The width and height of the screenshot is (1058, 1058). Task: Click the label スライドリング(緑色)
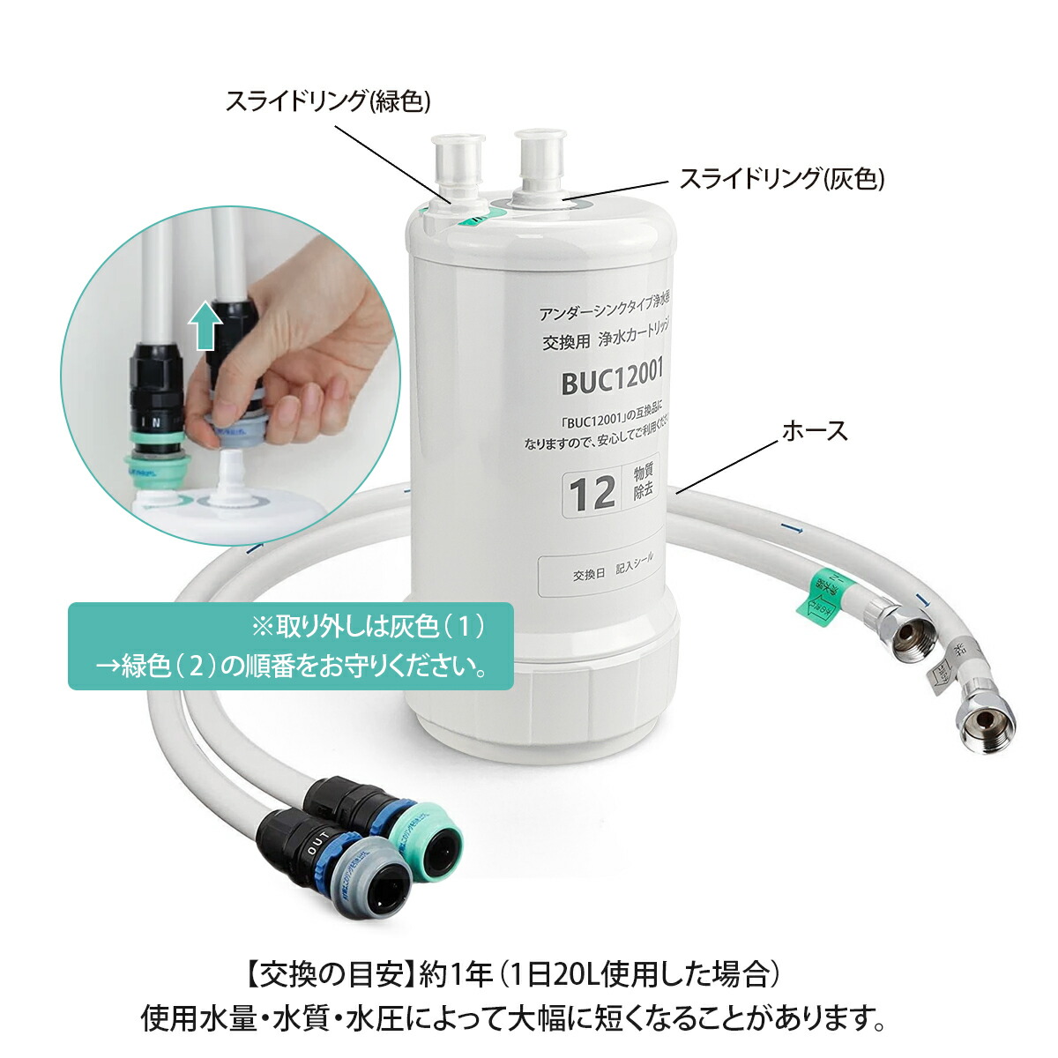click(x=328, y=101)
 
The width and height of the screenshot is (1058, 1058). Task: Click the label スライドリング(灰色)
click(x=781, y=179)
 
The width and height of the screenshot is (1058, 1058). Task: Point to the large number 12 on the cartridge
click(x=592, y=495)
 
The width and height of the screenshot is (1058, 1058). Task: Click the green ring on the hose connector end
click(x=433, y=838)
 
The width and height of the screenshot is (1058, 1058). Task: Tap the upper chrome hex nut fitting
click(x=911, y=629)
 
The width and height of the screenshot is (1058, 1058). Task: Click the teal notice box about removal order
click(x=290, y=645)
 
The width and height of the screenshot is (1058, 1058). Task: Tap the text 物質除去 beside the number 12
click(x=644, y=484)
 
